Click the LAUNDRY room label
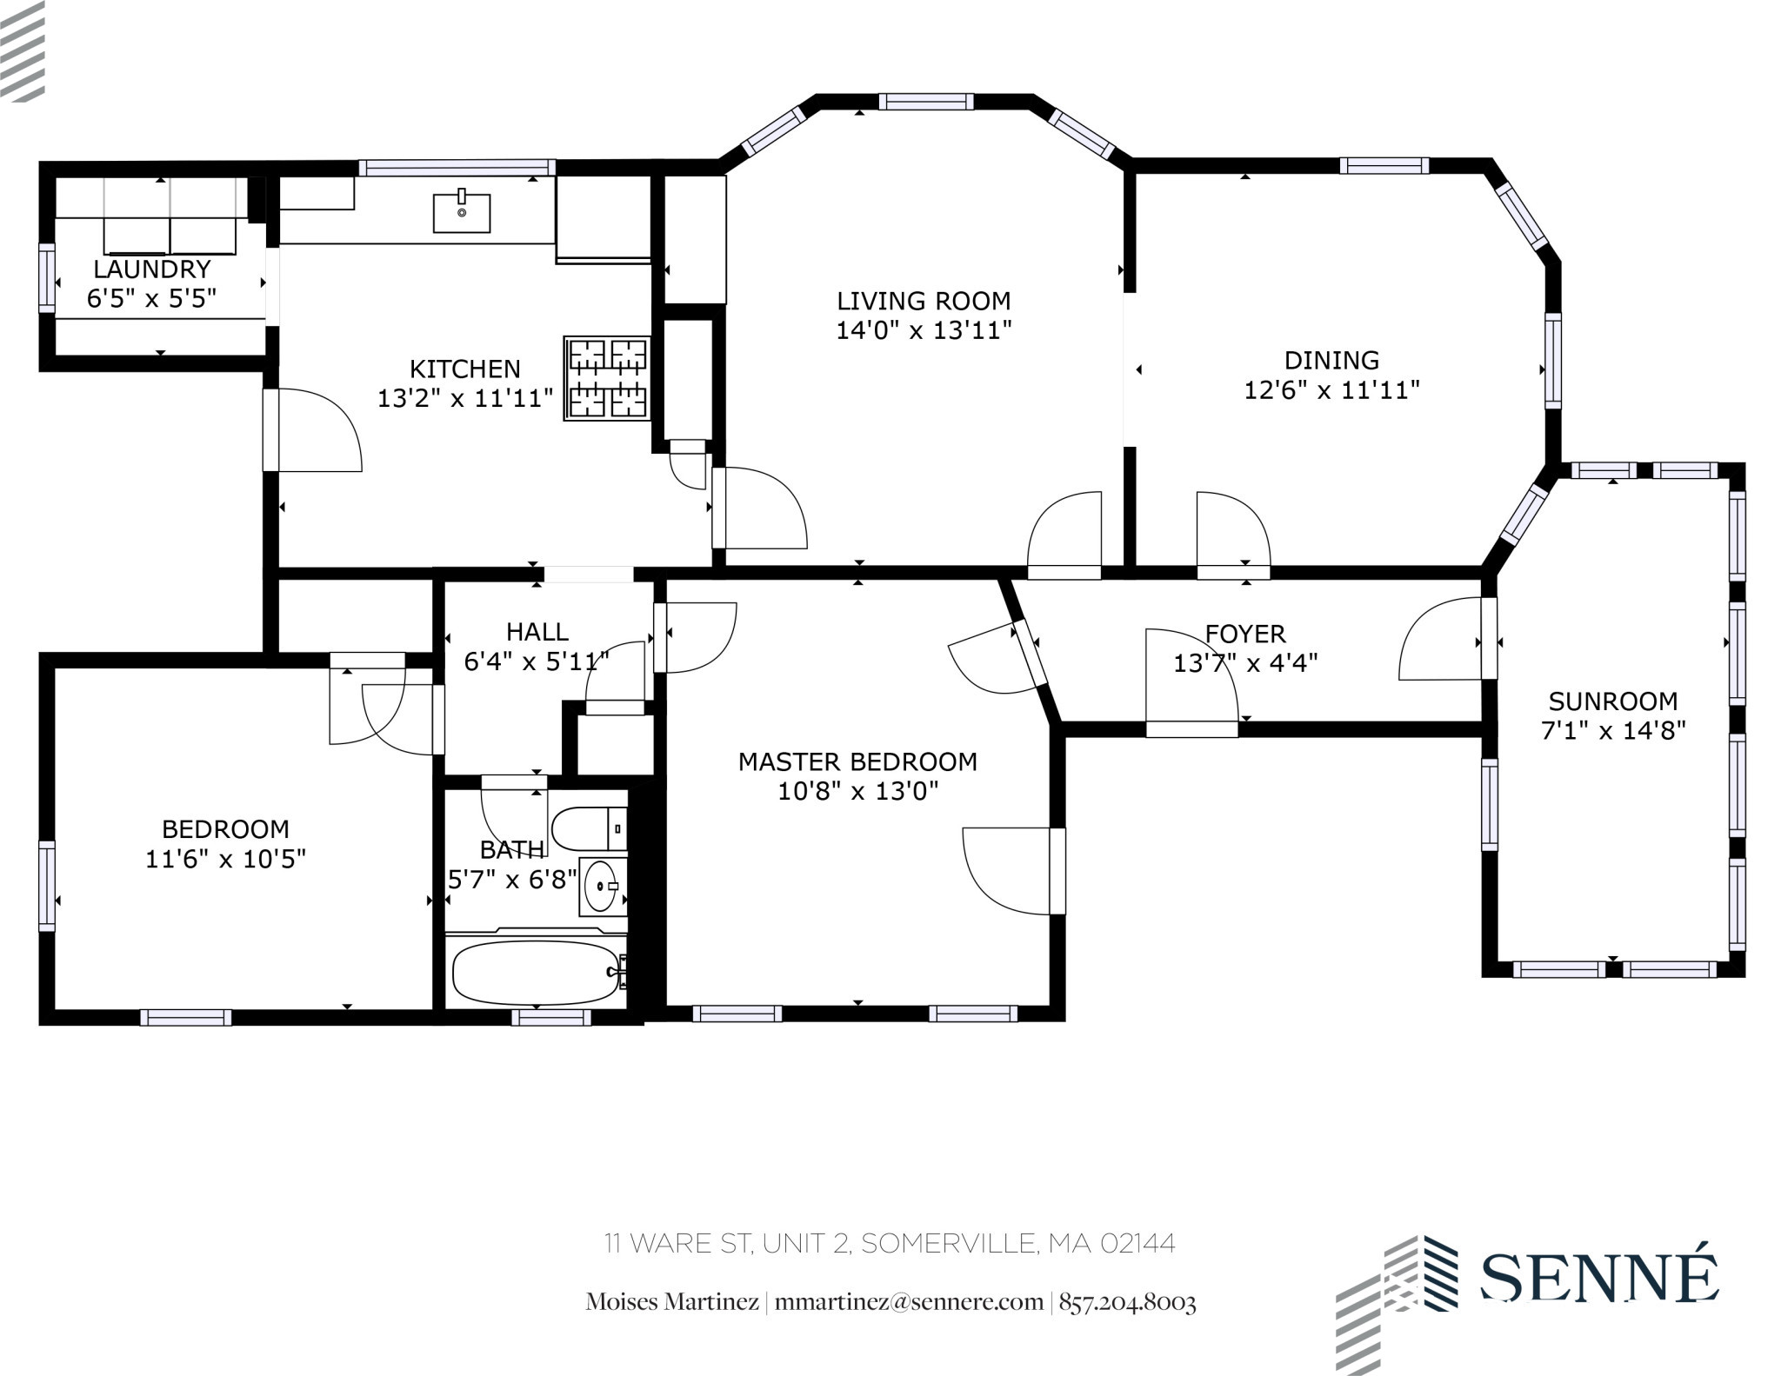(x=151, y=269)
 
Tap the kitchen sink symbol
(x=462, y=213)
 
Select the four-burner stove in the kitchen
(x=607, y=378)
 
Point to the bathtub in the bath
(x=535, y=973)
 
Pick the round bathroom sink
(x=601, y=886)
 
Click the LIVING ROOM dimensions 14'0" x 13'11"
(x=924, y=330)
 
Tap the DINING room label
(x=1331, y=360)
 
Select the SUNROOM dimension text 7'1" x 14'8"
(x=1613, y=731)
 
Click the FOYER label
(x=1244, y=634)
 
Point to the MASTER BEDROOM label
(x=857, y=761)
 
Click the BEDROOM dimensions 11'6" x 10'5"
(x=225, y=859)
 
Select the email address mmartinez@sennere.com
(x=908, y=1302)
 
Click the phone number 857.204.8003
(x=1127, y=1302)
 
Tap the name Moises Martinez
(x=671, y=1302)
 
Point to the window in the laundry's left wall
(x=47, y=277)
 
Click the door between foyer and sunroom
(x=1488, y=638)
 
